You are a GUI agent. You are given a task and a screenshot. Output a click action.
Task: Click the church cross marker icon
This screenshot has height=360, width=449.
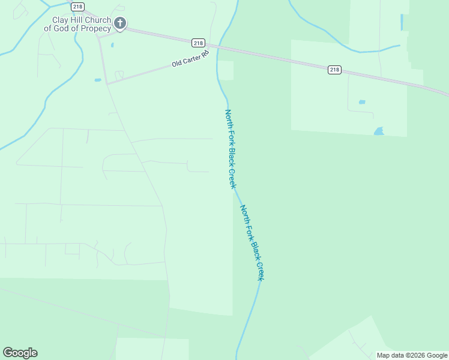click(119, 24)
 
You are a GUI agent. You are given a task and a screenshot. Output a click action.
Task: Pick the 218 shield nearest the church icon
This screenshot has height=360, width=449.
click(77, 6)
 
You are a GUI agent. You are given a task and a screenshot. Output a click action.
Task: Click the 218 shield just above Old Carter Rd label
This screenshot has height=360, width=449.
click(199, 43)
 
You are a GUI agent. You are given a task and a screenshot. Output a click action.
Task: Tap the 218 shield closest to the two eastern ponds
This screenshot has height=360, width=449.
click(334, 70)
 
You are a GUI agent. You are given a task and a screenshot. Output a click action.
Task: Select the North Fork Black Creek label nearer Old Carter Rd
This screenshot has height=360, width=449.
click(231, 149)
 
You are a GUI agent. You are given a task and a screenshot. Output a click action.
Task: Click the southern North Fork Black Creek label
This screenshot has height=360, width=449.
click(252, 242)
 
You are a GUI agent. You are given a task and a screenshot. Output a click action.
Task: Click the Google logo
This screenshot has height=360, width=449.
click(20, 352)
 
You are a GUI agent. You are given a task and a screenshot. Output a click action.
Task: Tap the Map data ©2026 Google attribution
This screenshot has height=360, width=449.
click(412, 355)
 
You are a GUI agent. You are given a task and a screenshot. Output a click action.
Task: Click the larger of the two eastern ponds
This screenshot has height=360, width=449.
click(379, 131)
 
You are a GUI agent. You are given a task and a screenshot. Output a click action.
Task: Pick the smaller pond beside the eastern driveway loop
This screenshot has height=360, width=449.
click(362, 102)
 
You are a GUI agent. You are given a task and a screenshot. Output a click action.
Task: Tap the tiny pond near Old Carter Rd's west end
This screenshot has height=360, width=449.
click(97, 80)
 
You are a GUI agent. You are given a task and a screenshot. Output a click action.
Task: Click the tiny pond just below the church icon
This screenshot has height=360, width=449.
click(112, 44)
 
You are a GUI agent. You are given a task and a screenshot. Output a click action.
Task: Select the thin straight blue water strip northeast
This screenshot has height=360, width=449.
click(402, 22)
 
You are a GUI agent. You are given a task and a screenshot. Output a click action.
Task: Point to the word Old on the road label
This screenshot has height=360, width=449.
click(176, 63)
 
